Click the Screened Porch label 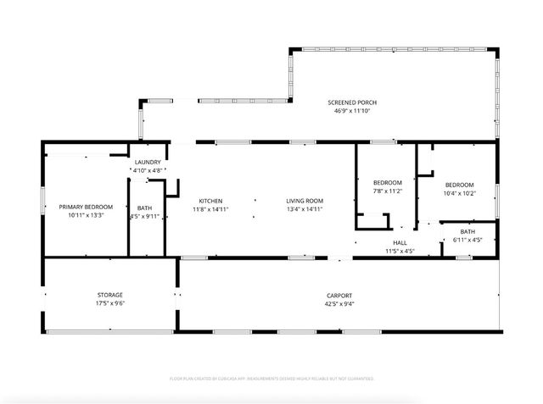pyautogui.click(x=352, y=102)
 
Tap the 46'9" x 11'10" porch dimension pyautogui.click(x=352, y=110)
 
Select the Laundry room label pyautogui.click(x=148, y=162)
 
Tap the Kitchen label pyautogui.click(x=210, y=201)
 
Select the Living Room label pyautogui.click(x=304, y=201)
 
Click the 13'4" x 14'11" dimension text pyautogui.click(x=304, y=208)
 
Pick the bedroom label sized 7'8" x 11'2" pyautogui.click(x=388, y=182)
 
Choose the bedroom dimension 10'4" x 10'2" pyautogui.click(x=459, y=192)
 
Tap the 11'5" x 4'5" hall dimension pyautogui.click(x=399, y=251)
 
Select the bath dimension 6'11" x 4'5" pyautogui.click(x=468, y=240)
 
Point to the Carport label pyautogui.click(x=339, y=296)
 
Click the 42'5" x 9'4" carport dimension pyautogui.click(x=339, y=303)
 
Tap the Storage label pyautogui.click(x=109, y=294)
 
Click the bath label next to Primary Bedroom pyautogui.click(x=144, y=208)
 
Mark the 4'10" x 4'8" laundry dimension pyautogui.click(x=148, y=170)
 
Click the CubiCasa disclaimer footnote pyautogui.click(x=271, y=379)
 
